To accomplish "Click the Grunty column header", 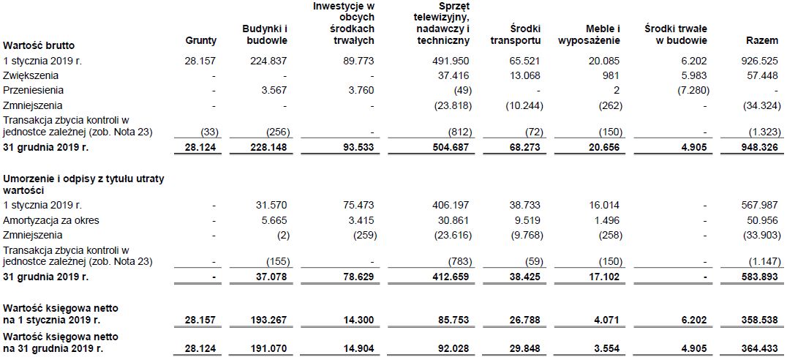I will click(x=201, y=42).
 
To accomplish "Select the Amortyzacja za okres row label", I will click(x=50, y=220).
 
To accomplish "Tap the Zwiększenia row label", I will click(x=31, y=75).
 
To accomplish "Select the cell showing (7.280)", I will click(x=688, y=90).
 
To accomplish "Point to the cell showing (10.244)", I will click(x=524, y=105).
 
